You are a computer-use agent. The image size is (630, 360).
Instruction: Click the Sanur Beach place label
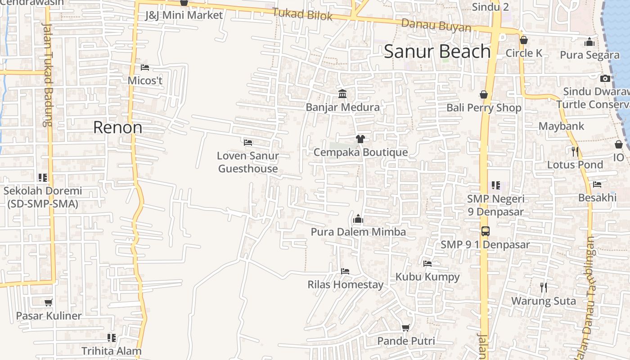point(437,52)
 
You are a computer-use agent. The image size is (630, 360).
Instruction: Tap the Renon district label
point(117,127)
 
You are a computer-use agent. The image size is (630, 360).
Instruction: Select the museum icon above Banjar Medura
point(342,94)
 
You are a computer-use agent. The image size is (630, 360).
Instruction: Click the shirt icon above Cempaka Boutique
point(360,139)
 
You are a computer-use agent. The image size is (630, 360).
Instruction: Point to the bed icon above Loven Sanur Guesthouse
point(248,142)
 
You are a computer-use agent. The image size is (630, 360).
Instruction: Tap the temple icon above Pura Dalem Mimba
point(358,219)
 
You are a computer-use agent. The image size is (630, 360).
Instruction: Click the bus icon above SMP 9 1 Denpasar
point(485,231)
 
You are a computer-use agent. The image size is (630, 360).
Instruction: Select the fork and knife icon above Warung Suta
point(544,287)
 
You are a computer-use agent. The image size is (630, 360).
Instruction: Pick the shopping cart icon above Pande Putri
point(405,328)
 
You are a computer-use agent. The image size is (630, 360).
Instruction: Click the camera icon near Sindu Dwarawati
point(605,78)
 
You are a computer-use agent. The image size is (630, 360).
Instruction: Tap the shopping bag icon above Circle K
point(523,40)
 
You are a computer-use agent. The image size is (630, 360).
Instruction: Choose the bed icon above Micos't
point(145,67)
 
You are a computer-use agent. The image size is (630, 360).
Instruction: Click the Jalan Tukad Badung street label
point(47,74)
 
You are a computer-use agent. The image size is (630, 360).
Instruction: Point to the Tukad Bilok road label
point(302,14)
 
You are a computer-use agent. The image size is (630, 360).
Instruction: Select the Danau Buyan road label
point(436,26)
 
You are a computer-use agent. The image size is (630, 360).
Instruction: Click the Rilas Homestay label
point(345,284)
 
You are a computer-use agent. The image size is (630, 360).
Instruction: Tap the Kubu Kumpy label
point(427,276)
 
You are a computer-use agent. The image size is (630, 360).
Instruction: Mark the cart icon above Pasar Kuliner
point(49,302)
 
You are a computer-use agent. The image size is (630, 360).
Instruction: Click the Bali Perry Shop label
point(484,108)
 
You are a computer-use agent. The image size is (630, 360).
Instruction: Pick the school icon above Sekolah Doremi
point(43,177)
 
